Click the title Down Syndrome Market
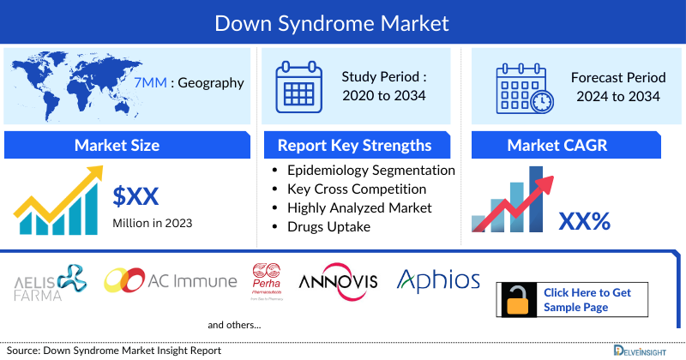[x=343, y=22]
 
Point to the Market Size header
[x=117, y=145]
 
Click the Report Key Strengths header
[x=354, y=145]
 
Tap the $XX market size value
[x=135, y=196]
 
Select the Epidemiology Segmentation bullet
[x=370, y=170]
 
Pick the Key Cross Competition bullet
[x=357, y=189]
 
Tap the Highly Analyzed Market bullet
[x=359, y=207]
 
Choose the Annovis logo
[x=338, y=281]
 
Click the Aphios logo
[x=438, y=279]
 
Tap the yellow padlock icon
[x=518, y=301]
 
